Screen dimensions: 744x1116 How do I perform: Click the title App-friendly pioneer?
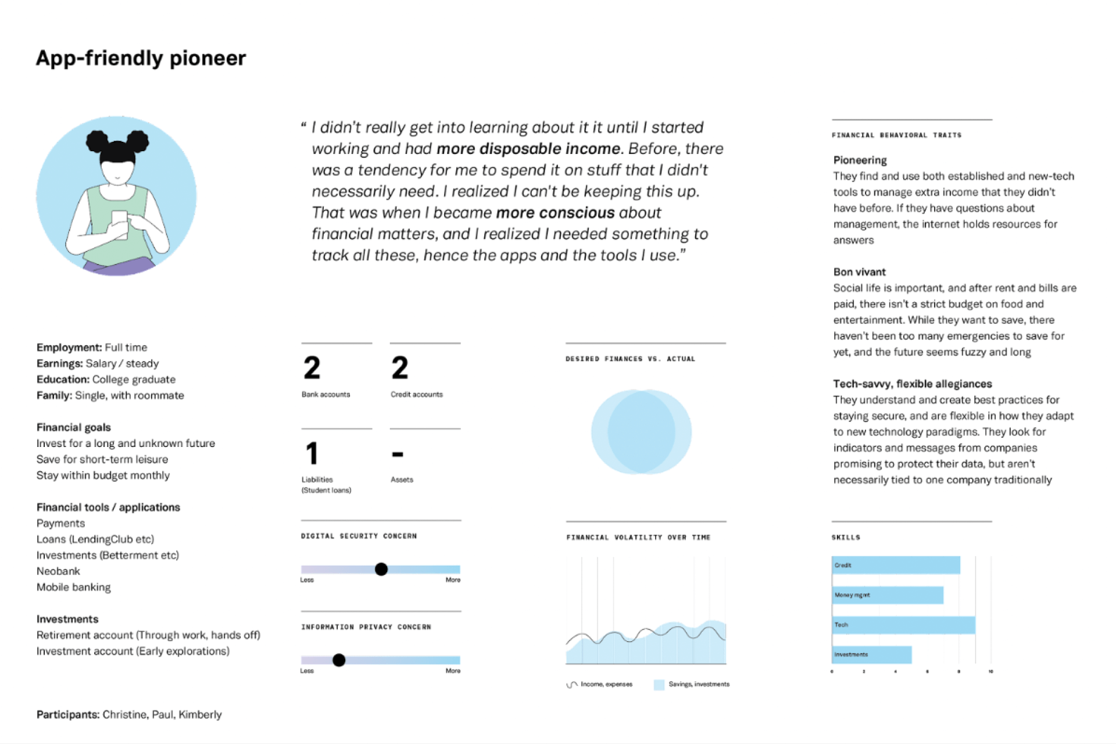[x=141, y=58]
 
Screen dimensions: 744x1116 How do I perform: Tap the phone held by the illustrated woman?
[x=120, y=224]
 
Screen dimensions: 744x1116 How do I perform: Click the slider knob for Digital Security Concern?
[x=381, y=569]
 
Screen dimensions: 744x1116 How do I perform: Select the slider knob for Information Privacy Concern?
[x=339, y=660]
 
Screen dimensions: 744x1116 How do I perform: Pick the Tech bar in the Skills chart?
[x=903, y=625]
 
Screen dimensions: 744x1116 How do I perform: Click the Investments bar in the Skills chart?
[x=871, y=654]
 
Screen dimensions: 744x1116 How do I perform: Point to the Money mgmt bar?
[x=888, y=595]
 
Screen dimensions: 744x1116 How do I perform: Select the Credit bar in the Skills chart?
[x=896, y=565]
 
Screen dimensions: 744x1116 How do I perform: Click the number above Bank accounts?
[x=312, y=368]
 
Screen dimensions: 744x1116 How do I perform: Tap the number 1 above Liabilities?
[x=312, y=453]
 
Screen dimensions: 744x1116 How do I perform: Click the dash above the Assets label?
[x=398, y=454]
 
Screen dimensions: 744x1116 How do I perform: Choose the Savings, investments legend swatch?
[x=659, y=685]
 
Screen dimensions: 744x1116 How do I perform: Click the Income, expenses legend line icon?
[x=572, y=685]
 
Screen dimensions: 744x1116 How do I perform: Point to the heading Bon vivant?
[x=859, y=272]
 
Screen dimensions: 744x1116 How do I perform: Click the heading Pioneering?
[x=860, y=160]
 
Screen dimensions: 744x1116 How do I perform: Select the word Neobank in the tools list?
[x=58, y=571]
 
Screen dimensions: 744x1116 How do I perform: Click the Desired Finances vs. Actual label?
[x=630, y=359]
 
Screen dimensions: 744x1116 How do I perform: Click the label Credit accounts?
[x=416, y=395]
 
